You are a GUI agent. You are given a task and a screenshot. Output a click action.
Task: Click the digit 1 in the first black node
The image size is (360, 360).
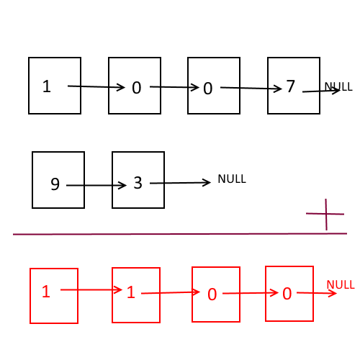point(47,86)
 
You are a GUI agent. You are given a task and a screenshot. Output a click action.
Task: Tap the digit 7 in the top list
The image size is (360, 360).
point(291,86)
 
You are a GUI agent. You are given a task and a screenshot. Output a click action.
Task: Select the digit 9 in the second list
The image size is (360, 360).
point(55,184)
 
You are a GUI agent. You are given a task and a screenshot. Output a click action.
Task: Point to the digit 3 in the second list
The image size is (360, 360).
point(138,183)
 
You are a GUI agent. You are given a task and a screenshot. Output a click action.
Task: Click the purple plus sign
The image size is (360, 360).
point(325,214)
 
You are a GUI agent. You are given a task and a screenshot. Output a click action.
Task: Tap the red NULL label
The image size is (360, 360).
point(341,284)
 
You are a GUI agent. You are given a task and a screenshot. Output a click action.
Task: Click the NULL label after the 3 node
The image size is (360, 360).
point(232,179)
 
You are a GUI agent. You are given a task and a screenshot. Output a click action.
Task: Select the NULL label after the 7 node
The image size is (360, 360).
point(338,86)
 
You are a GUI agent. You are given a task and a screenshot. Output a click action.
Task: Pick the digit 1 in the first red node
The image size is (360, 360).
point(46,292)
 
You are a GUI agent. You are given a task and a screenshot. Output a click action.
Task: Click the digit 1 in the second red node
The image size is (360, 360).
point(131,292)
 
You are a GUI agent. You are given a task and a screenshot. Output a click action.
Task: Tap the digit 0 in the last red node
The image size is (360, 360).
point(287,294)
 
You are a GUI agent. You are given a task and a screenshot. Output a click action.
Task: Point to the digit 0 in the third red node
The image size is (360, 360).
point(212,294)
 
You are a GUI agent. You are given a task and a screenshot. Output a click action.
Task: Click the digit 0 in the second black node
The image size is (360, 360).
point(137,88)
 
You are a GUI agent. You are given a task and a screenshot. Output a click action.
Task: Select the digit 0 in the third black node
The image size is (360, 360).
point(208,89)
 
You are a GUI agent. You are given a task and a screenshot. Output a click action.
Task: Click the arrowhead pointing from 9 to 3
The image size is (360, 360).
point(122,185)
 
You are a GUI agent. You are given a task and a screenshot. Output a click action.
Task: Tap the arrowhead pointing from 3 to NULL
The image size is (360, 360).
point(207,182)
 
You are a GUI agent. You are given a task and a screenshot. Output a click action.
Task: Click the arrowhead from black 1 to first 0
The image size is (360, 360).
point(121,87)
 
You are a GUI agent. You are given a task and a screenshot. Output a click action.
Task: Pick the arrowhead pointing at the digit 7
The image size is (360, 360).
point(278,89)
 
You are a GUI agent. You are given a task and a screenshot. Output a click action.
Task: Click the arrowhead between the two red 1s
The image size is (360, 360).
point(118,289)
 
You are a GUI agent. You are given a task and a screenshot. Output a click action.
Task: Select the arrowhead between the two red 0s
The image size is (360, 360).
point(274,293)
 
